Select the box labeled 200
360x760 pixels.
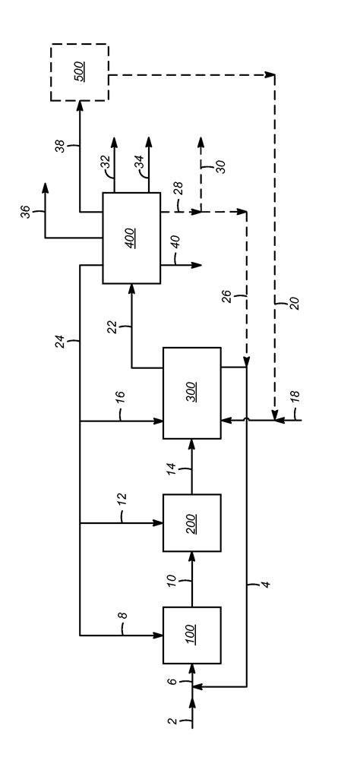pyautogui.click(x=192, y=523)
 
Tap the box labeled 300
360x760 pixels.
pyautogui.click(x=192, y=393)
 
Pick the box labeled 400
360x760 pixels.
pyautogui.click(x=131, y=238)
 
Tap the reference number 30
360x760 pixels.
pyautogui.click(x=221, y=166)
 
